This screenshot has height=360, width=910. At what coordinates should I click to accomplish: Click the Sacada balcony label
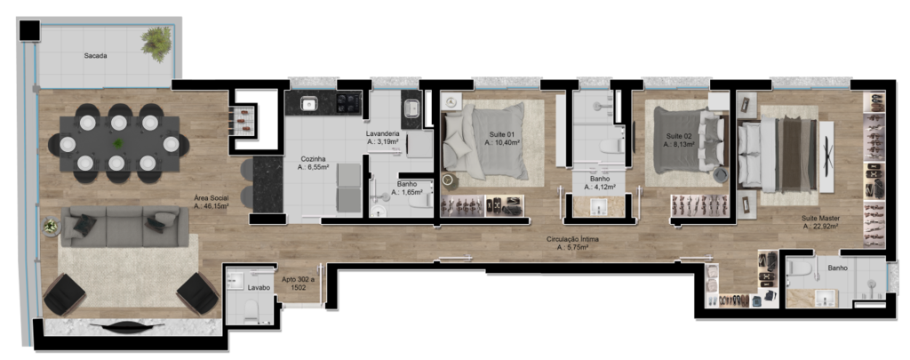point(96,56)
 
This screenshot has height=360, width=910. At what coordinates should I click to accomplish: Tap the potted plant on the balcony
point(155,44)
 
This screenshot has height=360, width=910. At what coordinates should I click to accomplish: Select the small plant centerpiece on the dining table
point(118,143)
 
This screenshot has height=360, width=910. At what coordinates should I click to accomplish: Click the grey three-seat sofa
point(125,226)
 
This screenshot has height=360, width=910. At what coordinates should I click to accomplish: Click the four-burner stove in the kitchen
point(349,103)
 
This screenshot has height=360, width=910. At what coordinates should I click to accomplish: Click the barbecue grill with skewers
point(243,116)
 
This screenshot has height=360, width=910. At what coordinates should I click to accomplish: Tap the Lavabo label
point(256,287)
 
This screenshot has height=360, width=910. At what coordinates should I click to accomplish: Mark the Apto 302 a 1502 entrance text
point(298,282)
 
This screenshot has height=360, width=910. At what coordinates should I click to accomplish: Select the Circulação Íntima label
point(572,239)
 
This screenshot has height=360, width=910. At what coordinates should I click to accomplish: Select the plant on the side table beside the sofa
point(51,226)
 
